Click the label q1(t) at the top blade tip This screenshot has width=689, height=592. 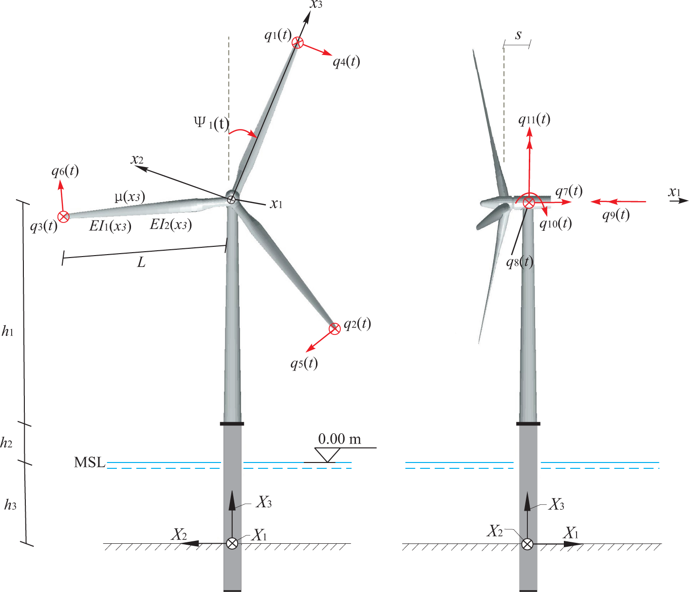coord(278,35)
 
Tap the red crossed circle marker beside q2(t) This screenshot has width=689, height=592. coord(335,329)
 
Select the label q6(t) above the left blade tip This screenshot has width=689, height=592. coord(65,171)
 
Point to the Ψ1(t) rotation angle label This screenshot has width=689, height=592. coord(211,123)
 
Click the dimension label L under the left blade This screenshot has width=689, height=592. coord(141,263)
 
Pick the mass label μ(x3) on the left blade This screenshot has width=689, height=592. coord(130,196)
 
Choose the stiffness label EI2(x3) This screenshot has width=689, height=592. coord(170,224)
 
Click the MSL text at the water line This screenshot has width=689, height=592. coord(90,462)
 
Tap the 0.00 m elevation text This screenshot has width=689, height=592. coord(339,439)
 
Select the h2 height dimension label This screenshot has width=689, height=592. coord(6,443)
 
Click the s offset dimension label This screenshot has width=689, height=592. coord(518,35)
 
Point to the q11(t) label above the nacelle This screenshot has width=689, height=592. coord(534,119)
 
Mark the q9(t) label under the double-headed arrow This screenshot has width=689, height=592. coord(615,215)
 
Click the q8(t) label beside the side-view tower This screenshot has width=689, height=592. coord(520,262)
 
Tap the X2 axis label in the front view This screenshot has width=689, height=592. coord(179,535)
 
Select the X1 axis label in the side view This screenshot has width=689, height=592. coord(571,533)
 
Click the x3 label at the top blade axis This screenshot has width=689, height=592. coord(317,5)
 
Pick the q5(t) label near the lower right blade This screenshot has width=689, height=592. coord(304,363)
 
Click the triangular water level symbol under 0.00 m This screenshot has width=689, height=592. coord(327,455)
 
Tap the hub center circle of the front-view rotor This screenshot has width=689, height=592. coord(231,198)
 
